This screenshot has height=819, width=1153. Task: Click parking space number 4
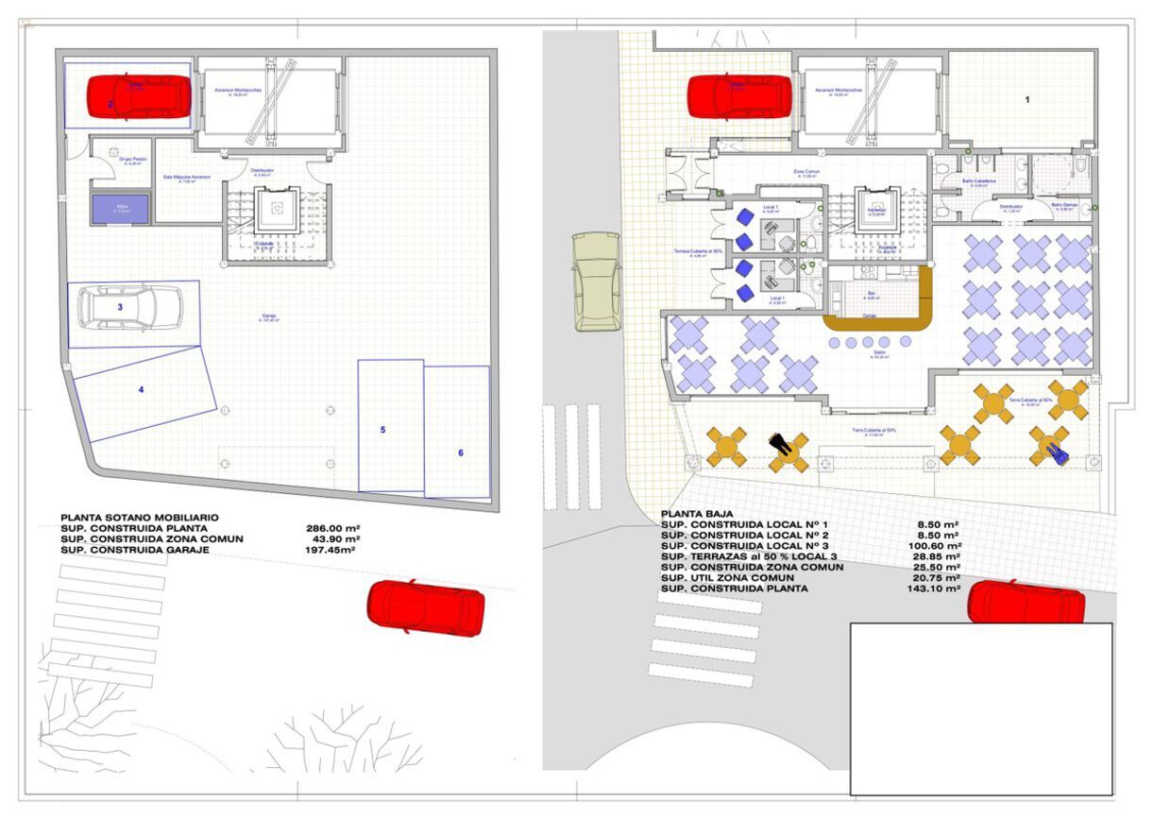click(x=141, y=389)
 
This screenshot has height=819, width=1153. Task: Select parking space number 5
click(x=382, y=430)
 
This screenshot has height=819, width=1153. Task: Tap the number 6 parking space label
click(x=461, y=453)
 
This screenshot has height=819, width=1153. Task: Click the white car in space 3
click(x=129, y=307)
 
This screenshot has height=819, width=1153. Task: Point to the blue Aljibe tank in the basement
click(x=120, y=209)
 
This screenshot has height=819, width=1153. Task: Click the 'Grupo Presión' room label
click(x=132, y=160)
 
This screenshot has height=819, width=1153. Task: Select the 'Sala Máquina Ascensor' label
click(x=187, y=178)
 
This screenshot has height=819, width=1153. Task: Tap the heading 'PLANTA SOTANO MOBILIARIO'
click(x=140, y=518)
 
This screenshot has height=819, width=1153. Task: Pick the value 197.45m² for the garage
click(x=331, y=550)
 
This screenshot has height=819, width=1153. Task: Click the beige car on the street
click(x=597, y=282)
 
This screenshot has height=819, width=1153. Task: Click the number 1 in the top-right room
click(x=1027, y=99)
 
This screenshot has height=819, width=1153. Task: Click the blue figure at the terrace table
click(x=1058, y=454)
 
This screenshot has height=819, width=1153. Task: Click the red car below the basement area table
click(x=426, y=606)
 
